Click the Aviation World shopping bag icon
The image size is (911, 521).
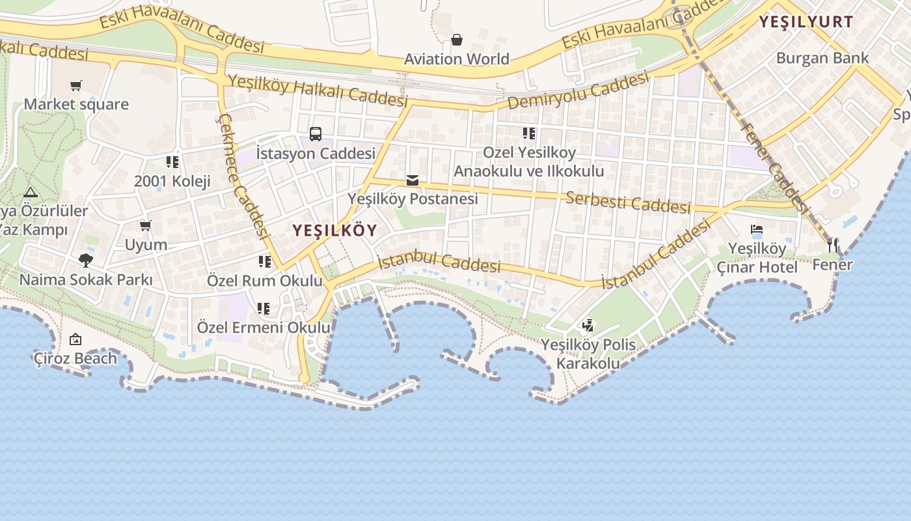[x=457, y=40]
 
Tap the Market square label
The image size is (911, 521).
[x=76, y=104]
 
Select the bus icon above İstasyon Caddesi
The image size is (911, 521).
[x=316, y=134]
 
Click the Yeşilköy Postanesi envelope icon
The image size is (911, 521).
[x=413, y=180]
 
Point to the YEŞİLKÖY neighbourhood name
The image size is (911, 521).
[x=334, y=231]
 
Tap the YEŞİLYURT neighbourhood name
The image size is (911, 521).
[x=806, y=21]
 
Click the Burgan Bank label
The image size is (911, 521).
[x=822, y=58]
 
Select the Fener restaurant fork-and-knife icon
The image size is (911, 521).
[x=832, y=246]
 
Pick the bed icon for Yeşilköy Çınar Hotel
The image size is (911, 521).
[x=757, y=230]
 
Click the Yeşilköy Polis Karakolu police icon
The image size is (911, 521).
[x=588, y=325]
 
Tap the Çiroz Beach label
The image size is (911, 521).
[x=75, y=358]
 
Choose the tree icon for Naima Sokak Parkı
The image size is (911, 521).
[x=85, y=260]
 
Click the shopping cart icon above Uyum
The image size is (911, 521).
[x=146, y=226]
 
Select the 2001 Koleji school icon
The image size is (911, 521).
[x=172, y=162]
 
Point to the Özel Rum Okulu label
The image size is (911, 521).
[x=264, y=281]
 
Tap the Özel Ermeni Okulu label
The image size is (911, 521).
[x=264, y=327]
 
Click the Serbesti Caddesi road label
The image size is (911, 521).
[x=628, y=202]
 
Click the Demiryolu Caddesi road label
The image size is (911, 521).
[x=578, y=91]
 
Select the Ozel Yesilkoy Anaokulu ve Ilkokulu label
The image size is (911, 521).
[x=529, y=162]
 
